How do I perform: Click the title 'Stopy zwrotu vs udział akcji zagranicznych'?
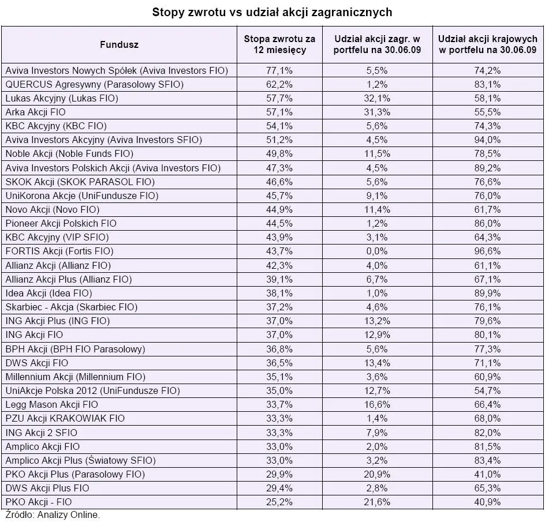click(272, 12)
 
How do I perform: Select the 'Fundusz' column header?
click(119, 44)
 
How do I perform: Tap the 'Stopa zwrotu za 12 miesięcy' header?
click(279, 44)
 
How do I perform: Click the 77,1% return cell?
click(279, 70)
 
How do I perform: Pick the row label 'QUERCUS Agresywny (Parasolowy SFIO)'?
click(95, 84)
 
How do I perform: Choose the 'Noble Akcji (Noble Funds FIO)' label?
click(69, 153)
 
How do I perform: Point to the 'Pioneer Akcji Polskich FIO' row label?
click(61, 223)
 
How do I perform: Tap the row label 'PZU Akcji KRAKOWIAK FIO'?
click(65, 418)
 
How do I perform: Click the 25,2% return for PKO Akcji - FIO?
click(279, 502)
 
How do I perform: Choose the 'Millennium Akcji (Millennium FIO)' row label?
click(75, 377)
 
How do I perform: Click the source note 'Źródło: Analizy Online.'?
click(53, 514)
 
